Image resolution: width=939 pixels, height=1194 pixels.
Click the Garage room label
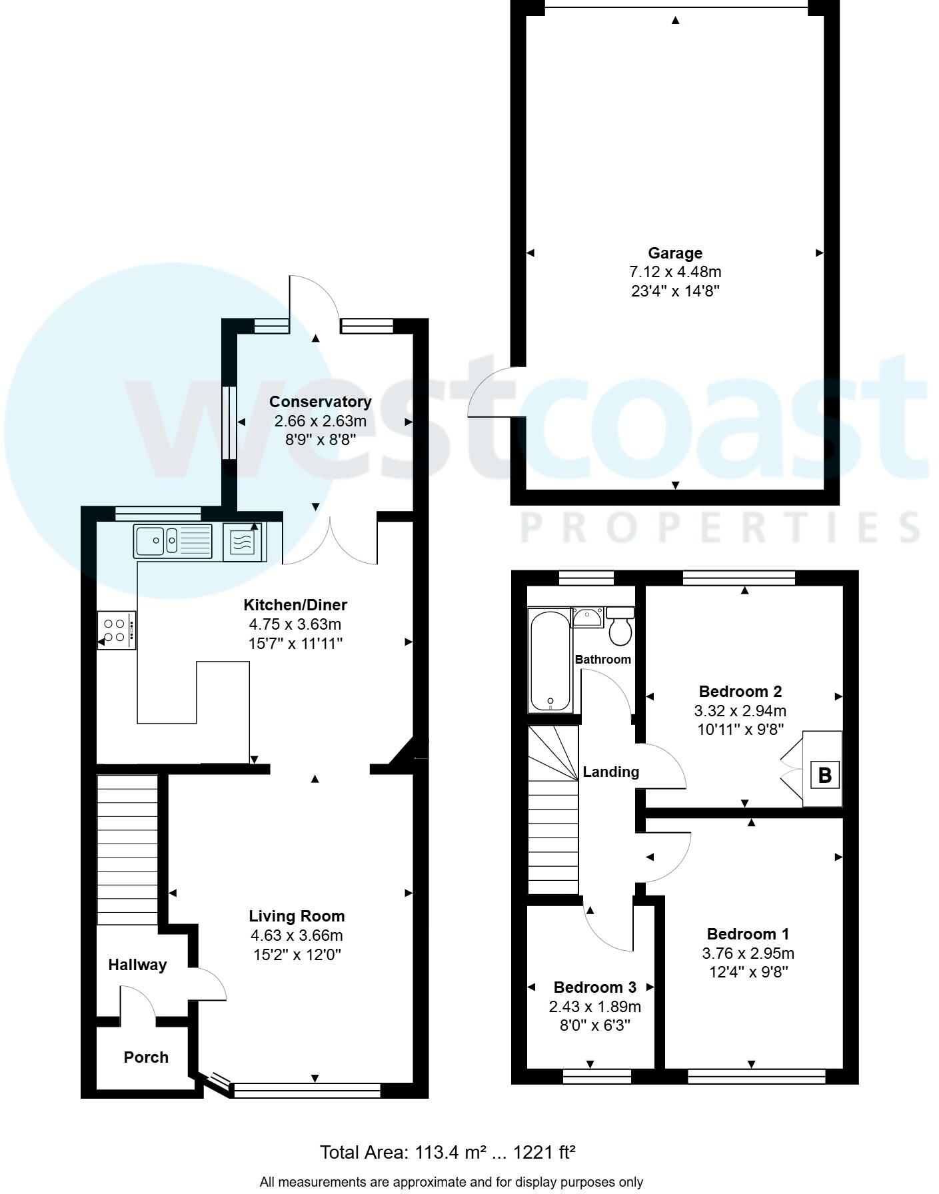(x=675, y=253)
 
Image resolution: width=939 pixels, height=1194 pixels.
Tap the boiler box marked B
(x=824, y=775)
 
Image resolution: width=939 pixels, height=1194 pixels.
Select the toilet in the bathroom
(x=620, y=626)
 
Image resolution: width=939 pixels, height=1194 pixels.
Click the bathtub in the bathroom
(x=550, y=659)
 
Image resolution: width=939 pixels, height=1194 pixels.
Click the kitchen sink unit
(x=173, y=540)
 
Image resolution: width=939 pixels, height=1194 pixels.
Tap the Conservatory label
(x=320, y=402)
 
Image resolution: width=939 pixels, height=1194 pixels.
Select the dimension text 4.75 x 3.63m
(x=295, y=624)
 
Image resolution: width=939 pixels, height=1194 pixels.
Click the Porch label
(x=146, y=1057)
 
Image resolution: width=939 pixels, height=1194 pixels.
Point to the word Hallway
(x=137, y=965)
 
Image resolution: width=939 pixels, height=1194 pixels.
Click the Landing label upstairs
(x=610, y=772)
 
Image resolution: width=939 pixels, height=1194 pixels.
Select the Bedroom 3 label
(x=594, y=987)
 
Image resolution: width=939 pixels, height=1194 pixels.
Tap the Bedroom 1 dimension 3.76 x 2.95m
(x=748, y=953)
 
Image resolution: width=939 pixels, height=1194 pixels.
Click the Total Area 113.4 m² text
(x=447, y=1152)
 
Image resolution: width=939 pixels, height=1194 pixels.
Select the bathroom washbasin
(x=587, y=617)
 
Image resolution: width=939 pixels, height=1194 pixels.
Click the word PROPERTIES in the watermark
(x=720, y=528)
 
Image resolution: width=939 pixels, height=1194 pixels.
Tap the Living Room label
(x=297, y=916)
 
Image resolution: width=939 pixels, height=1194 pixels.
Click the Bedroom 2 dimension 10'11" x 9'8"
(x=740, y=729)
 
